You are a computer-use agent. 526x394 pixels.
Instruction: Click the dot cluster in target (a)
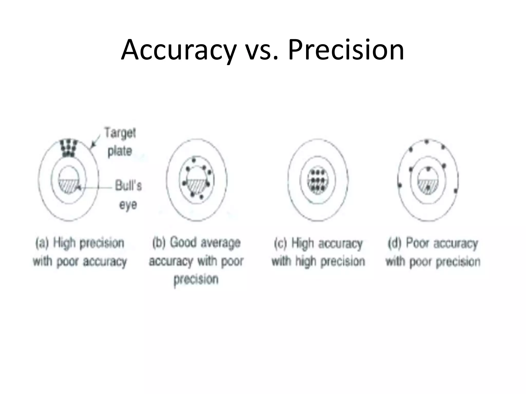[x=68, y=148]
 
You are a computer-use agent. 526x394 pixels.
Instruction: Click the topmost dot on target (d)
[x=427, y=141]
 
